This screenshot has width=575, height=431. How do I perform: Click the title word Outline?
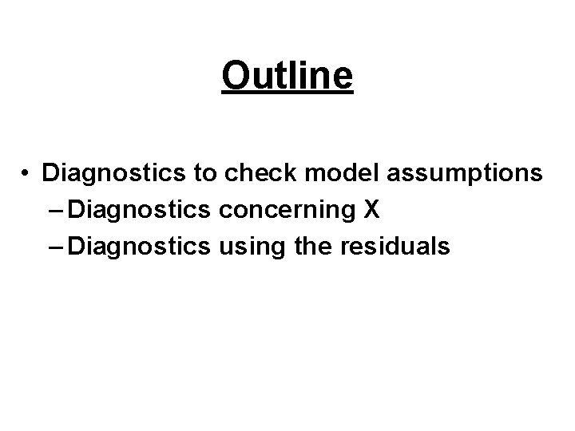(x=287, y=76)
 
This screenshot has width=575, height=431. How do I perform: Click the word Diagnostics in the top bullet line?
(x=107, y=172)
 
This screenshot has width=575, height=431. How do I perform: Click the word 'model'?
(x=320, y=172)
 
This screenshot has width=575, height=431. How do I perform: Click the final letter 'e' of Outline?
(x=343, y=79)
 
